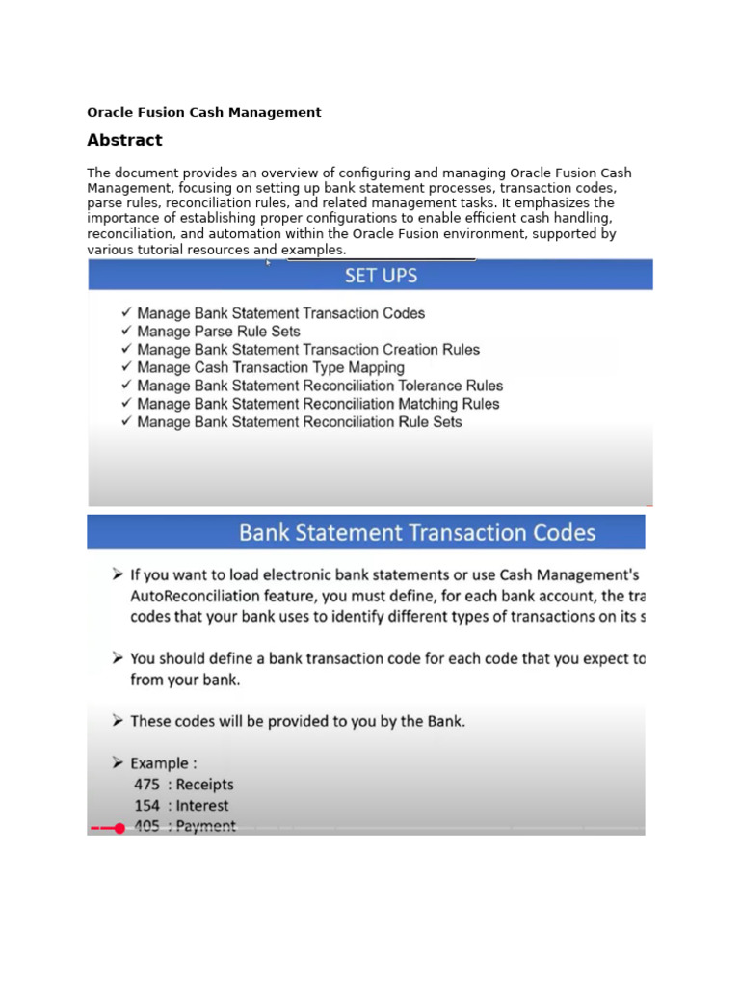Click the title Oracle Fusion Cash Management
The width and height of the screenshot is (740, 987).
[x=204, y=112]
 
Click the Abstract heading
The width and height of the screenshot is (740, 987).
[x=124, y=140]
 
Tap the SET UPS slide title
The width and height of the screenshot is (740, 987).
[x=381, y=276]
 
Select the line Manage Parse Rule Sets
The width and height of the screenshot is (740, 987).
[x=219, y=332]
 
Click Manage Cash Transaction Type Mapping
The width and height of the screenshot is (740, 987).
[x=271, y=367]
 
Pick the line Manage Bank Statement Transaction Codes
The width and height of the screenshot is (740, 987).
[x=280, y=313]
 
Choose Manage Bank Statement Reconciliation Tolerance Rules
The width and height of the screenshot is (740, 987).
[x=320, y=386]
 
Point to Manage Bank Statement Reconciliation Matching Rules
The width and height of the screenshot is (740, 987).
[x=318, y=404]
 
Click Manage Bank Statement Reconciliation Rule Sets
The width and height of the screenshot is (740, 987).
[x=300, y=422]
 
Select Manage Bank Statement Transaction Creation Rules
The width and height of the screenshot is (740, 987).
[x=308, y=350]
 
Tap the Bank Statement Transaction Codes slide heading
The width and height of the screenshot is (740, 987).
[x=417, y=532]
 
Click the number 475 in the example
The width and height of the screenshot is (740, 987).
[x=146, y=785]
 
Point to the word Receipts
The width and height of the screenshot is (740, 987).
[x=204, y=785]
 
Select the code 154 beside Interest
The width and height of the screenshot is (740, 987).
[x=146, y=806]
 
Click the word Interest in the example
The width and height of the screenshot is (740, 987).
[x=202, y=806]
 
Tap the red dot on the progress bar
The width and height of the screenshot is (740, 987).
[x=119, y=828]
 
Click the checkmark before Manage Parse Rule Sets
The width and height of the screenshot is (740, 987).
[x=125, y=332]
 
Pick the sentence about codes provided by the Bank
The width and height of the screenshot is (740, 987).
[x=297, y=721]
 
